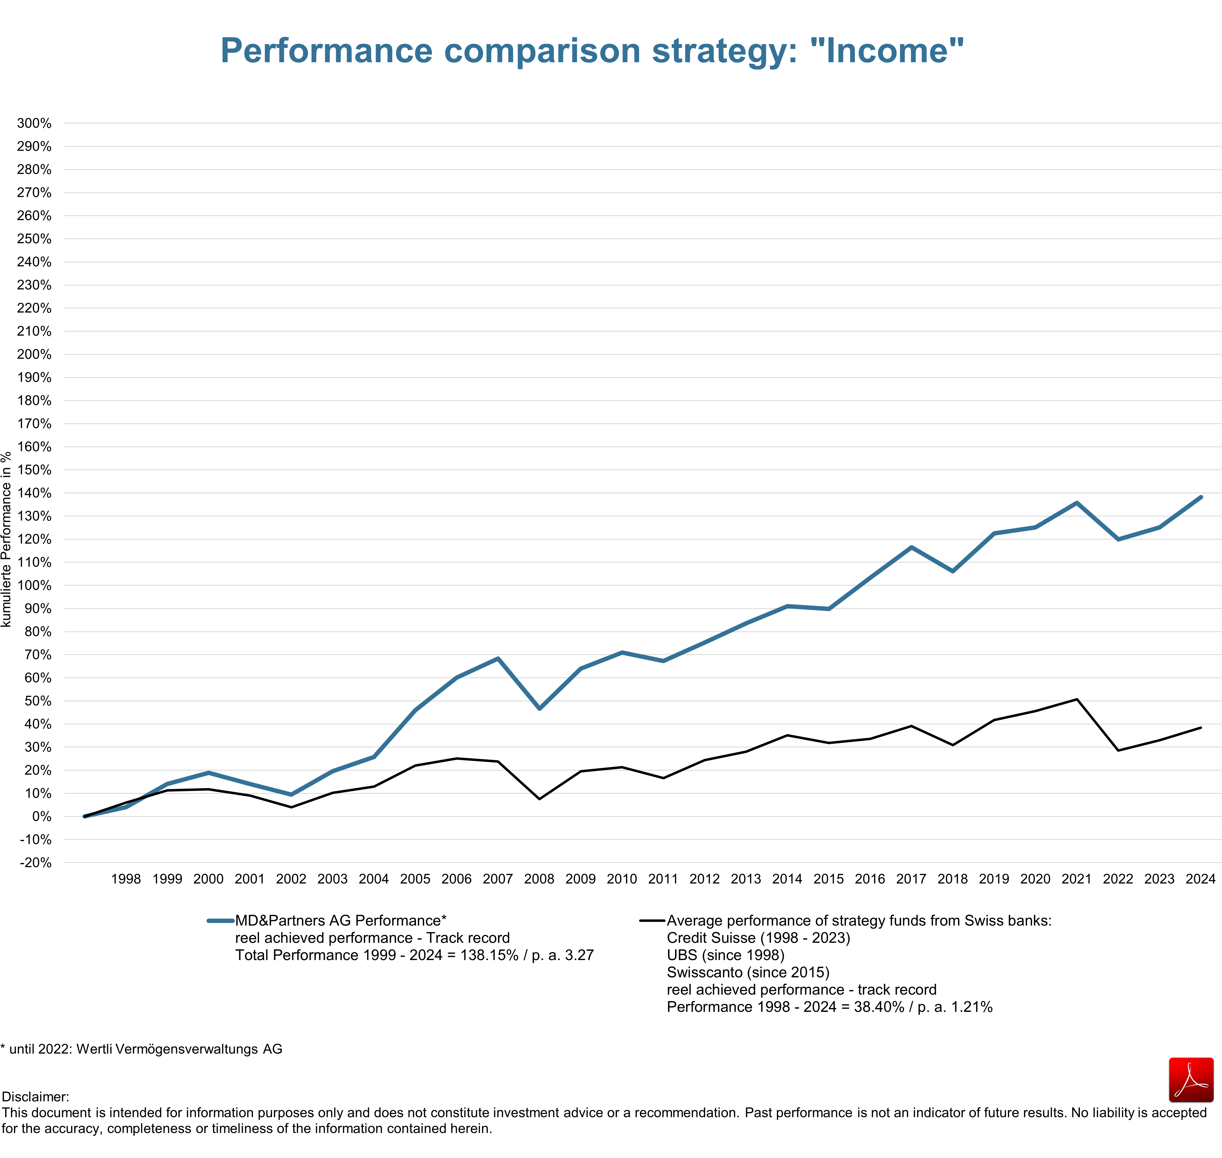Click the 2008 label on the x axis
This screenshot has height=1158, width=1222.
[539, 879]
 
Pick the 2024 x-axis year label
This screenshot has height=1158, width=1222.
[1200, 879]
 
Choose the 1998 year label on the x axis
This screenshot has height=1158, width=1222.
[126, 879]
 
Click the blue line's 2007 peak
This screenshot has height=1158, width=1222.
[498, 659]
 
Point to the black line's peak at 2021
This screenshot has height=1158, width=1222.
[1076, 699]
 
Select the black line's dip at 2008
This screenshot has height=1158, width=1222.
[539, 799]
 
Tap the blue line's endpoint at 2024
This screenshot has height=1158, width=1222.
[1200, 497]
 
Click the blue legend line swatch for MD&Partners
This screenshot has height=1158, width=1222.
[220, 921]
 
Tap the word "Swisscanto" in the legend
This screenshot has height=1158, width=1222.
[704, 973]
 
